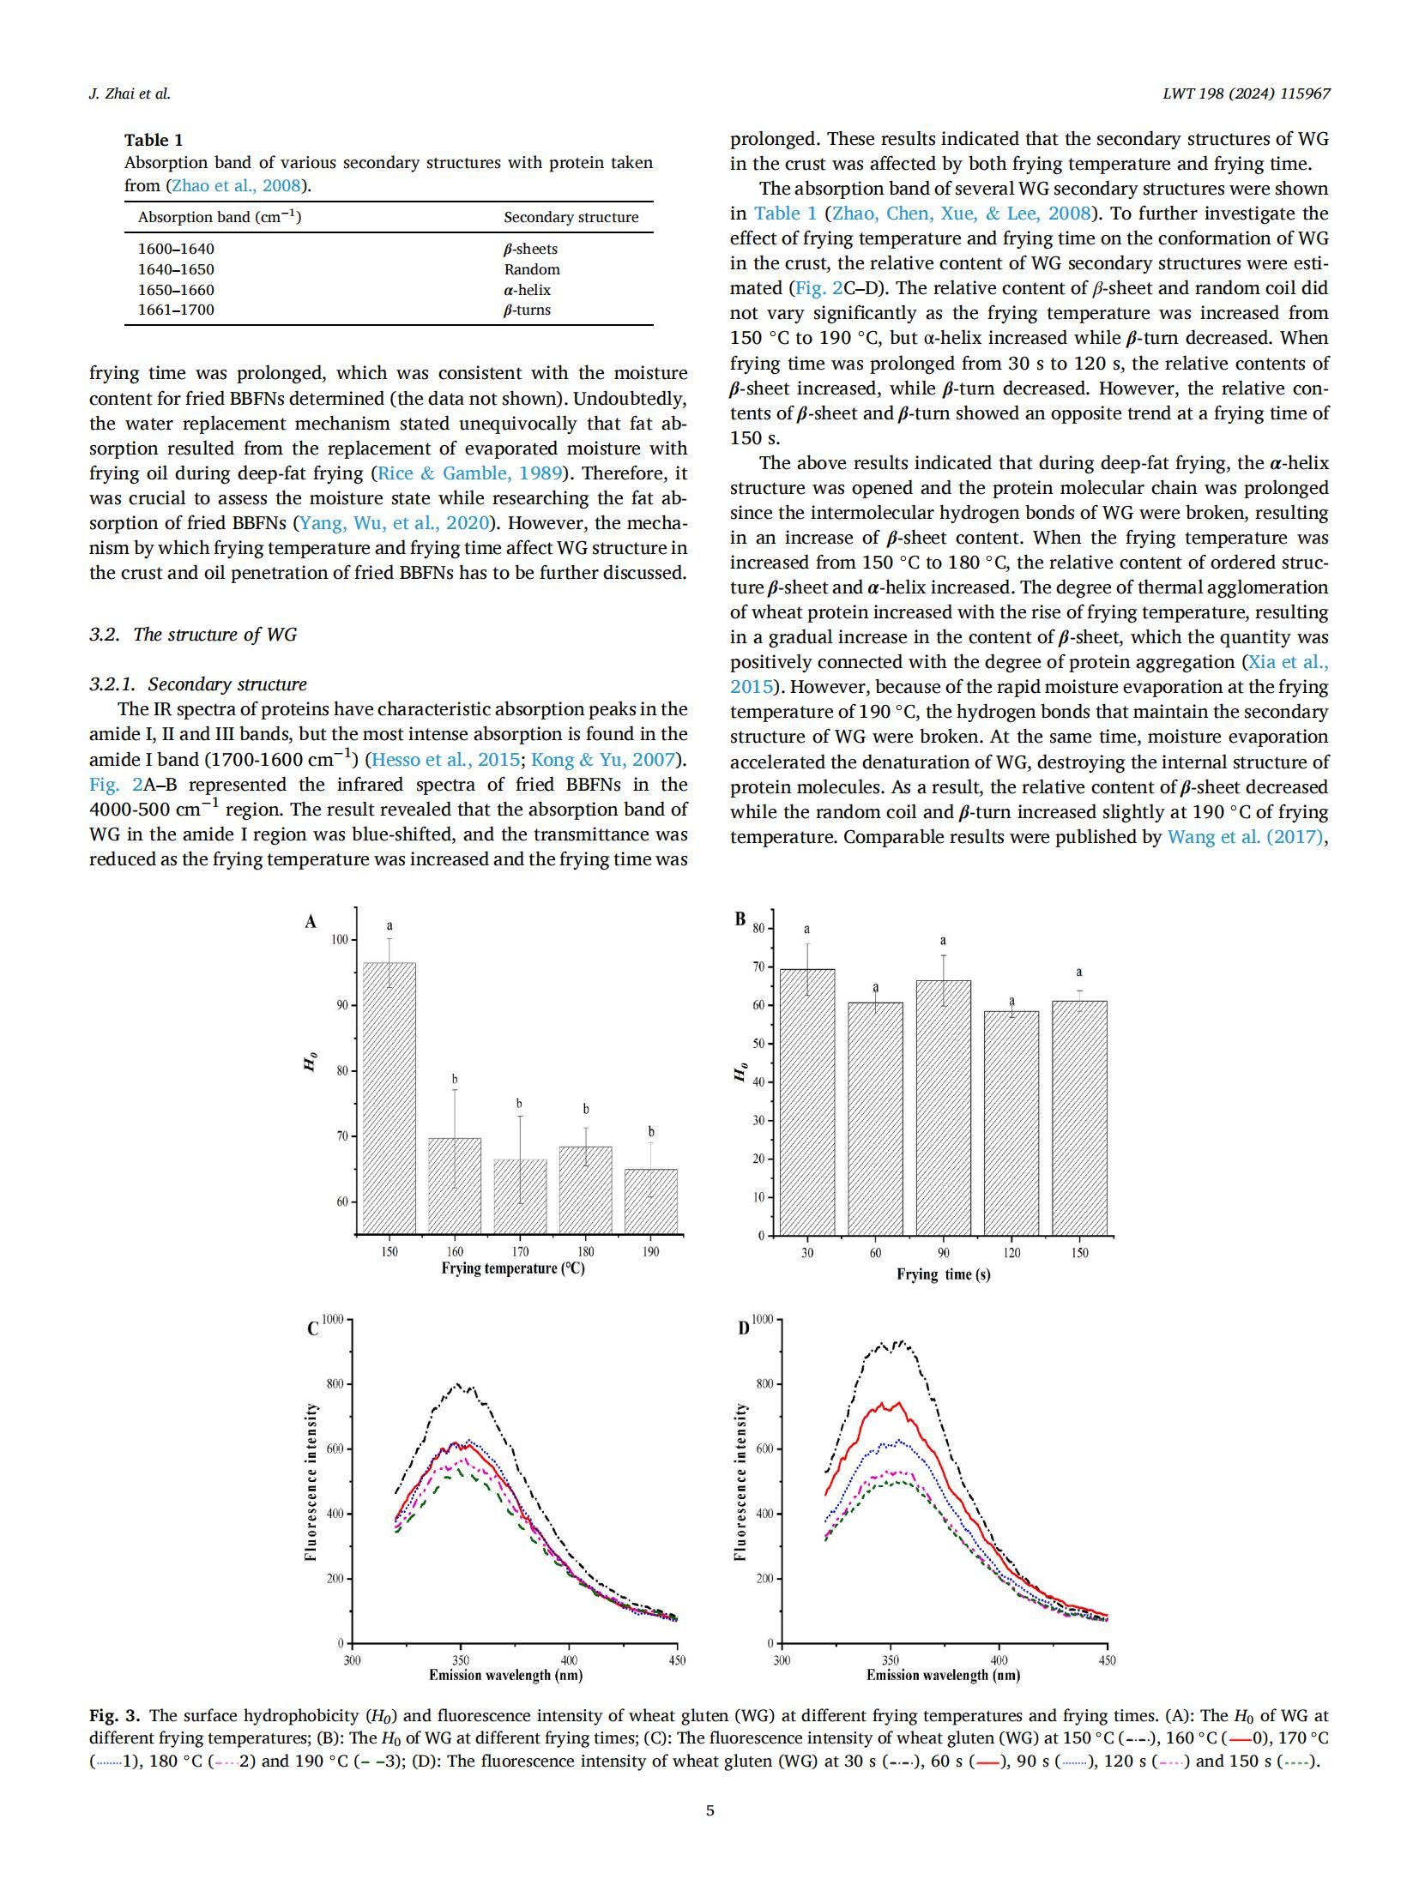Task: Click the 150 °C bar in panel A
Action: point(389,1098)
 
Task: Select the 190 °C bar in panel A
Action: point(650,1201)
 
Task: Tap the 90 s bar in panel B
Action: point(943,1107)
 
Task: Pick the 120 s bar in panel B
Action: point(1011,1123)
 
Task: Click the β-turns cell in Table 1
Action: point(527,310)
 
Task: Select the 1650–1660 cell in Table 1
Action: point(176,290)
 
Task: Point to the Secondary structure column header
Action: point(571,217)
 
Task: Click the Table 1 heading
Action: point(154,140)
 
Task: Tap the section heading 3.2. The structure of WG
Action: point(193,635)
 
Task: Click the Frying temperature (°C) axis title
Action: point(512,1268)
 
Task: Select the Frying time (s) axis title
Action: point(943,1274)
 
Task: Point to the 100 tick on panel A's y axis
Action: point(340,940)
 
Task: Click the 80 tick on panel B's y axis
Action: point(758,928)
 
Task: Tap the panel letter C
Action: point(312,1329)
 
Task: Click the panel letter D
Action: point(743,1328)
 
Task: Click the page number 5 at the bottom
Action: point(709,1810)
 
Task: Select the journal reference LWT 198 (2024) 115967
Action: point(1246,93)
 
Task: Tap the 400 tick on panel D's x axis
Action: point(999,1660)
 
